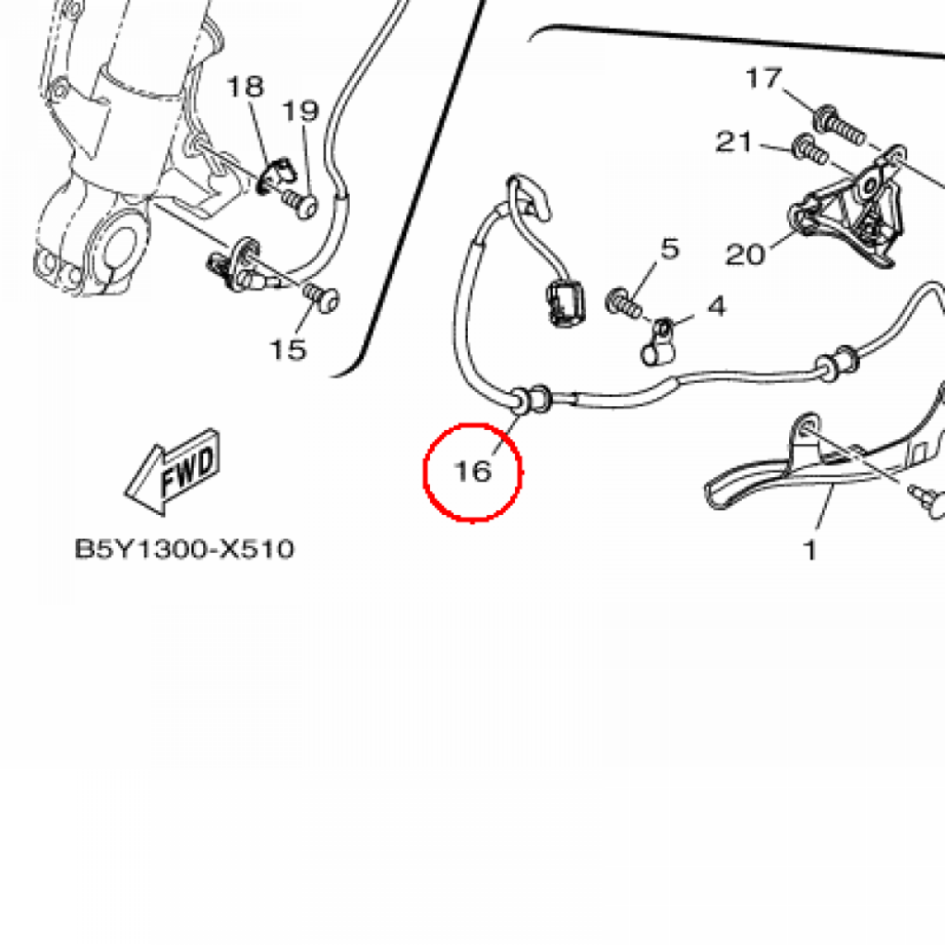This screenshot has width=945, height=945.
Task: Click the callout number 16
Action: tap(472, 472)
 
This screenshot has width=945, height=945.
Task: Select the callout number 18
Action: tap(245, 88)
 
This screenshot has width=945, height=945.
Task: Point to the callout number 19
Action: tap(300, 112)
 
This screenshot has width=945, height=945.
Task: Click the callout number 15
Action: tap(287, 350)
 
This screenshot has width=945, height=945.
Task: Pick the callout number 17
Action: tap(764, 79)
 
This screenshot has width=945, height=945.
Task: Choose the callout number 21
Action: tap(735, 143)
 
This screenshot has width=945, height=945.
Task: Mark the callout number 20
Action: tap(746, 254)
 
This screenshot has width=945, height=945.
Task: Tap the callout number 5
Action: tap(669, 248)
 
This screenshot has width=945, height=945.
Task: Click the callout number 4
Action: tap(717, 305)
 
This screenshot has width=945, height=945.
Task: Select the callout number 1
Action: tap(810, 551)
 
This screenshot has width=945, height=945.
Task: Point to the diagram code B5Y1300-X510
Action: tap(185, 550)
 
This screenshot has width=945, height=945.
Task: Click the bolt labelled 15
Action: tap(324, 297)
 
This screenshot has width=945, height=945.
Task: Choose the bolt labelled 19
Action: tap(301, 201)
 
